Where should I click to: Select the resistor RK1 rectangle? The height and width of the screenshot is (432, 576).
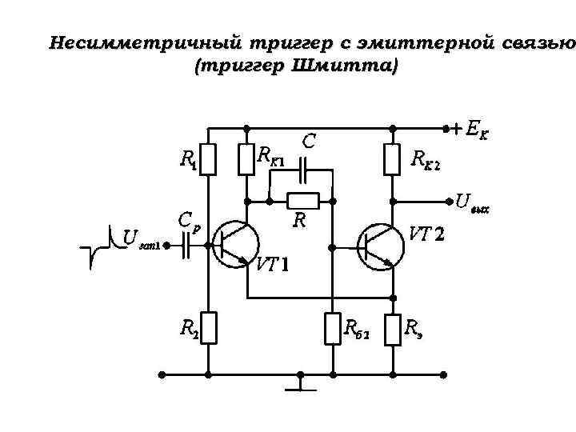pyautogui.click(x=246, y=159)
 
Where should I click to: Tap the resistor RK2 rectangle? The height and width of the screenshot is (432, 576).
pyautogui.click(x=391, y=159)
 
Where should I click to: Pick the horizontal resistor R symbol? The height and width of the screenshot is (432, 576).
pyautogui.click(x=303, y=200)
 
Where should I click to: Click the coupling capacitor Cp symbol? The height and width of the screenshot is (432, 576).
pyautogui.click(x=186, y=247)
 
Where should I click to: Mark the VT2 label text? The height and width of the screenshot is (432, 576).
pyautogui.click(x=427, y=235)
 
